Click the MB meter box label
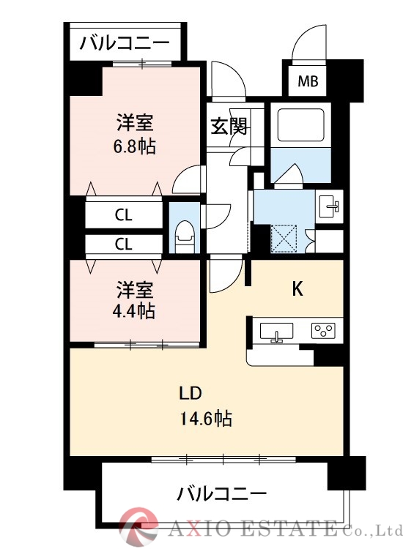308,81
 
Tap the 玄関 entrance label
229,126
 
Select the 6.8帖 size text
134,146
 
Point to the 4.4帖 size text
134,310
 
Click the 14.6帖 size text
206,419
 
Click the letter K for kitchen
297,288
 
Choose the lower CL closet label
123,244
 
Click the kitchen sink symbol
277,332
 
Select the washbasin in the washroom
330,204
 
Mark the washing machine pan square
283,239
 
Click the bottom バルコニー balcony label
221,493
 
